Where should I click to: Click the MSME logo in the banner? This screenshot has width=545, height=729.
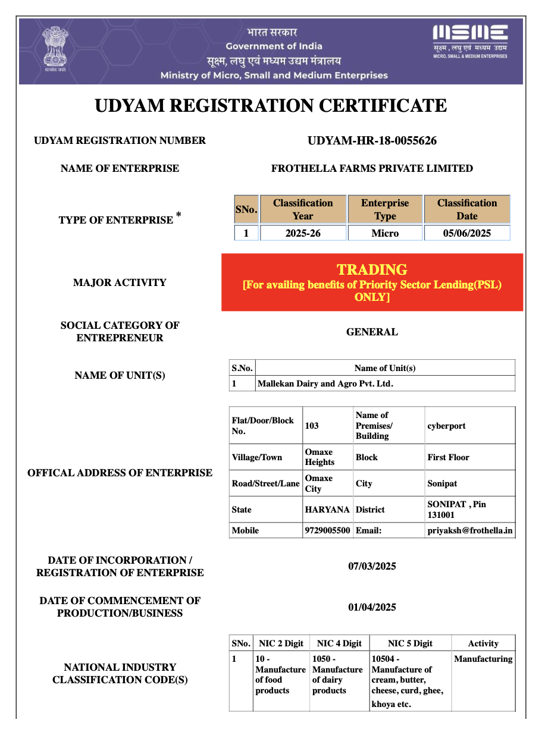(469, 40)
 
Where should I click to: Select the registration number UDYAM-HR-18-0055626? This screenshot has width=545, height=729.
(372, 141)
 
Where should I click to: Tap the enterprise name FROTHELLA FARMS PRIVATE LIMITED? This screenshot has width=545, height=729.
(372, 168)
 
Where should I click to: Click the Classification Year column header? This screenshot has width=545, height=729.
(303, 209)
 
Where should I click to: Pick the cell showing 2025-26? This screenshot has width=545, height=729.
(303, 233)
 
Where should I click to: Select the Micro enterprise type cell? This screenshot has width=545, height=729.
(385, 233)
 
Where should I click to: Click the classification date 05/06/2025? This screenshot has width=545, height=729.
(467, 233)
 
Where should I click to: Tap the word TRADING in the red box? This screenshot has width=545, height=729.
(372, 269)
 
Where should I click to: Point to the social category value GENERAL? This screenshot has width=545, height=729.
(372, 332)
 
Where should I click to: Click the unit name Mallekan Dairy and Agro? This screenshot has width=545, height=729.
(325, 384)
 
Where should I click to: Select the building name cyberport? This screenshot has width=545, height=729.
(446, 426)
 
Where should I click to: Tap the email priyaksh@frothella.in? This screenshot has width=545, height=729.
(470, 530)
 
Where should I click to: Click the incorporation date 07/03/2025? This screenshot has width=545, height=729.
(372, 566)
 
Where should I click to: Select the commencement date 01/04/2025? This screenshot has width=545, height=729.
(372, 607)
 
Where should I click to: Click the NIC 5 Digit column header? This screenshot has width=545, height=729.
(410, 643)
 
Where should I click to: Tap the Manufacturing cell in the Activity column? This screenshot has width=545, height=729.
(483, 659)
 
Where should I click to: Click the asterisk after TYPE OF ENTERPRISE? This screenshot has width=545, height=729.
(178, 214)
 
